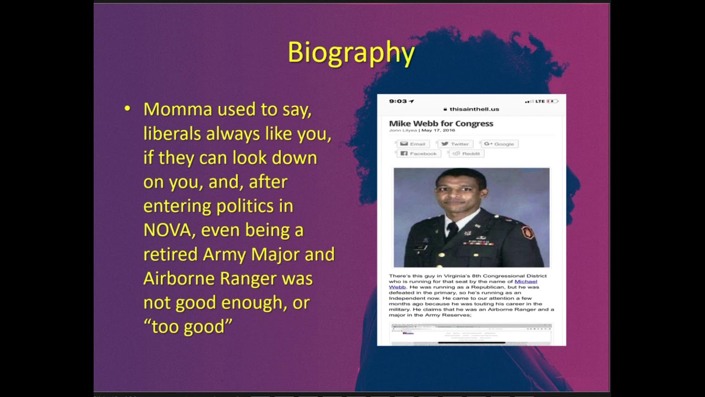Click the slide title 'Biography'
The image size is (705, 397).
pyautogui.click(x=351, y=53)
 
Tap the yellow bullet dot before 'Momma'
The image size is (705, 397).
pyautogui.click(x=128, y=109)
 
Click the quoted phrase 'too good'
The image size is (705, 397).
pyautogui.click(x=188, y=326)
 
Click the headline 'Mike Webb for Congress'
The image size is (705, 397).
pyautogui.click(x=441, y=124)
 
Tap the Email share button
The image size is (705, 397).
pyautogui.click(x=413, y=144)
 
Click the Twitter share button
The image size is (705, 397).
pyautogui.click(x=455, y=144)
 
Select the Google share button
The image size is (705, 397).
pyautogui.click(x=499, y=144)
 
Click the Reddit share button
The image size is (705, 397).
pyautogui.click(x=467, y=153)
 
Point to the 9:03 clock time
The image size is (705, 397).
pyautogui.click(x=398, y=101)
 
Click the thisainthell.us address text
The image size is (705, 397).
pyautogui.click(x=474, y=109)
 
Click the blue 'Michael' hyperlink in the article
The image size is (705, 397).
pyautogui.click(x=525, y=281)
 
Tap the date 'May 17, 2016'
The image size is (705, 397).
pyautogui.click(x=438, y=130)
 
